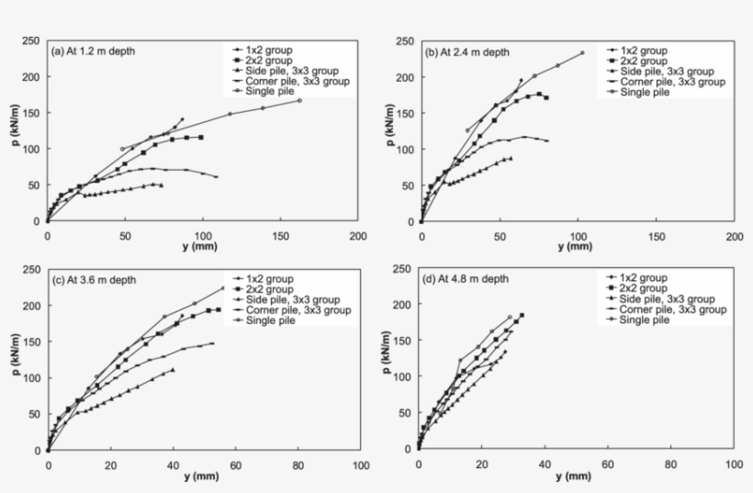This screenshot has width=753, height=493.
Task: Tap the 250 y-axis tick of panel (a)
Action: coord(30,40)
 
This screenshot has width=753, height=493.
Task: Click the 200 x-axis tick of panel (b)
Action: coord(734,237)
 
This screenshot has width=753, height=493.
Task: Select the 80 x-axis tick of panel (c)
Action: coord(298,465)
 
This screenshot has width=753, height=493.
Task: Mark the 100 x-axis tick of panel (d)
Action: coord(734,465)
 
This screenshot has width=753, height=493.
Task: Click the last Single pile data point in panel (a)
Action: coord(299,100)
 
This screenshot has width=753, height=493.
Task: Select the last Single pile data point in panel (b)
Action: coord(582,52)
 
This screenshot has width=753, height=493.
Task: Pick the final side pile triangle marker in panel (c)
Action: coord(173,370)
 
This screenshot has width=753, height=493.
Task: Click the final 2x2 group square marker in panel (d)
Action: coord(522,316)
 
